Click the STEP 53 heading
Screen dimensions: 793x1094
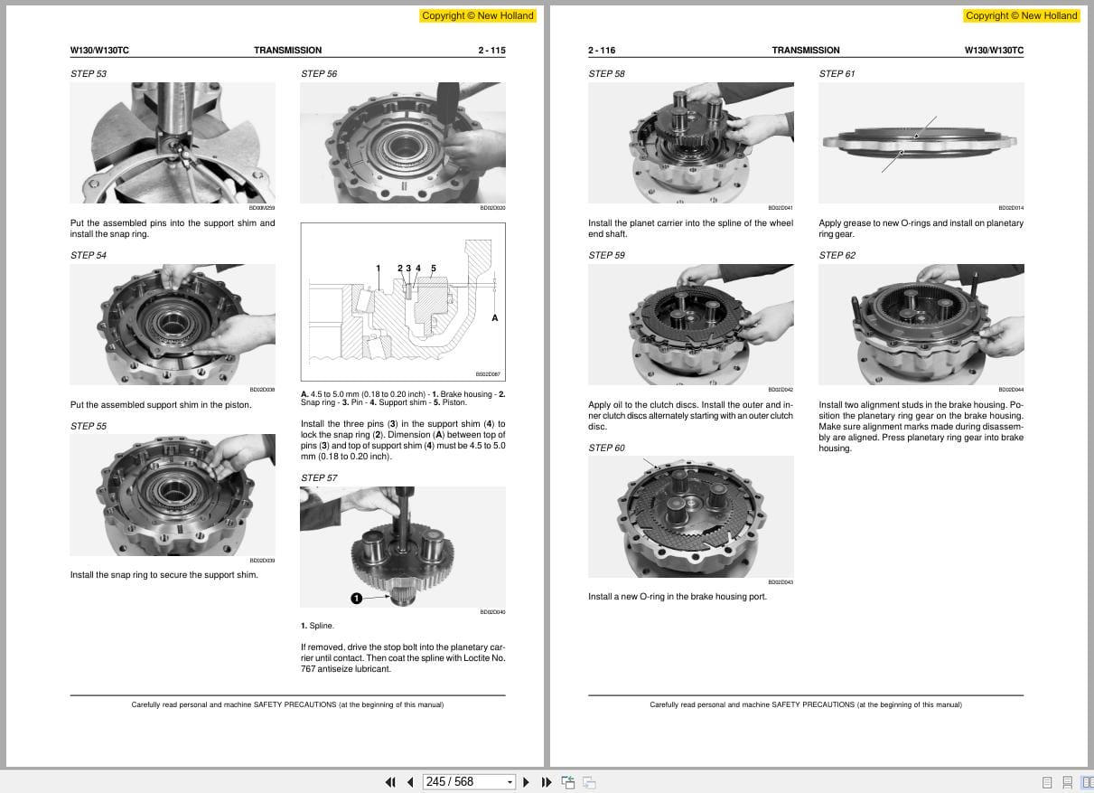(x=89, y=73)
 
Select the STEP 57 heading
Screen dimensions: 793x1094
(x=319, y=477)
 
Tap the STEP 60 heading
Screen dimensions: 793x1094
(x=606, y=448)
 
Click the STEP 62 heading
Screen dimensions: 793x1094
(x=837, y=255)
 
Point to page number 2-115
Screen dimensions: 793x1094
(x=491, y=51)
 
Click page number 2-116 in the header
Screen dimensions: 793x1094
(x=602, y=51)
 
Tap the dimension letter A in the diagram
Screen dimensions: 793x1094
(x=494, y=318)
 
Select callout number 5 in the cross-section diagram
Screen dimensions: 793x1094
(x=434, y=269)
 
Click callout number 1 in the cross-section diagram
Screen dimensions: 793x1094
(x=378, y=269)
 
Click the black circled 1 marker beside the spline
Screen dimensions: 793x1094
(x=356, y=598)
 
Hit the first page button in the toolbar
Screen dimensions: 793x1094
(x=390, y=782)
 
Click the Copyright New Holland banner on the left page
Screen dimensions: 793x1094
(x=478, y=15)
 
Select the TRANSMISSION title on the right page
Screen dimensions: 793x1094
(x=805, y=51)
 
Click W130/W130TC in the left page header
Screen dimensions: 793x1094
(x=99, y=51)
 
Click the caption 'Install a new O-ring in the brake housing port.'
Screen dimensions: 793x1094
(x=678, y=597)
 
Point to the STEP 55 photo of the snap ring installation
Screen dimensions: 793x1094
(x=173, y=494)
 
